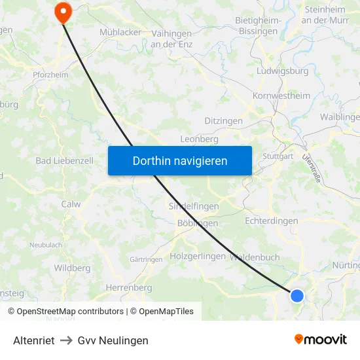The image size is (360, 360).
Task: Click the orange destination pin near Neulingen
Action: point(63,11)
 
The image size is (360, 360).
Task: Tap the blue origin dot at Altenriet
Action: point(297,296)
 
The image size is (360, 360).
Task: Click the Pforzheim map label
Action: point(50,75)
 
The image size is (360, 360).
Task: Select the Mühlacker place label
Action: point(120,32)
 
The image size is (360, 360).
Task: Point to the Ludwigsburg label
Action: point(283,71)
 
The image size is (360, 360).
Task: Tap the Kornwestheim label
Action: point(281,96)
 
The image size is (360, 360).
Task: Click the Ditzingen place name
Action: point(223,121)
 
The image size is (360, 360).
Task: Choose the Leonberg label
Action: point(199,139)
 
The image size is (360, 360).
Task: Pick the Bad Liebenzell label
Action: point(64,161)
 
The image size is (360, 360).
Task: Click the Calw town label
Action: point(71,204)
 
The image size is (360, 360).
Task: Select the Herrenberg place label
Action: point(128,288)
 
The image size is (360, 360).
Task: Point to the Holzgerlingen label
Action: point(198,257)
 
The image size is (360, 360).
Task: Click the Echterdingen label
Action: point(271,221)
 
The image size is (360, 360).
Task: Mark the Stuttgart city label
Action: point(278,156)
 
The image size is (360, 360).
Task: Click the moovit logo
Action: point(321,340)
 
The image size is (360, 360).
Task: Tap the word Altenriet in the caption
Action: point(33,340)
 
